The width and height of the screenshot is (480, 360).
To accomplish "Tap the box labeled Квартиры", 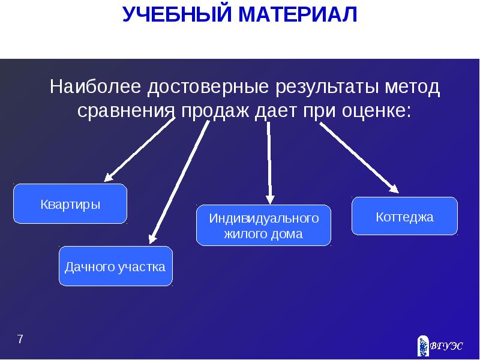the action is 70,204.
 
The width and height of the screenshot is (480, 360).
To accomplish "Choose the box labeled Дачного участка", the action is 116,266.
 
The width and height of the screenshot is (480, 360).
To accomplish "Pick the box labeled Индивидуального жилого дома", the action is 263,225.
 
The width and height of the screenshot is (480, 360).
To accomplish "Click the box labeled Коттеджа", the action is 404,216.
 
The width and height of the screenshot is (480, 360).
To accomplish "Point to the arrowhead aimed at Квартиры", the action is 109,177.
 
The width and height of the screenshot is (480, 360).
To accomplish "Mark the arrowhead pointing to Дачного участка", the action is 152,239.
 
